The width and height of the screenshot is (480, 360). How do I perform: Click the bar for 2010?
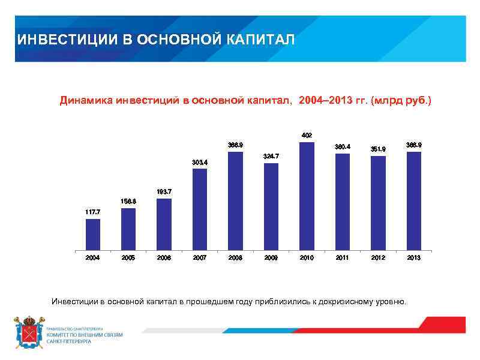pos(307,196)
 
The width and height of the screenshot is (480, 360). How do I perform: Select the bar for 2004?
pos(93,234)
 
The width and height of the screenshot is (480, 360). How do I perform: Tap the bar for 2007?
pos(200,209)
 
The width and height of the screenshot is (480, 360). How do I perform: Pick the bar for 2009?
pos(271,206)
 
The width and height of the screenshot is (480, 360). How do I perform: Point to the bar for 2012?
pos(378,203)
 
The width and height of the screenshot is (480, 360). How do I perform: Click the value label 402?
pos(307,135)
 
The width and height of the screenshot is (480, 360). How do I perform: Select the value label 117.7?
pos(93,212)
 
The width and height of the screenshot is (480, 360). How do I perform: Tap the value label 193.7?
pos(164,191)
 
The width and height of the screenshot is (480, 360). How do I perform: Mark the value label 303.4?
pos(200,162)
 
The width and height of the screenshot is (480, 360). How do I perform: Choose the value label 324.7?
pos(271,156)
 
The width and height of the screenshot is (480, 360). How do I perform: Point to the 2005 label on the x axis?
pos(128,257)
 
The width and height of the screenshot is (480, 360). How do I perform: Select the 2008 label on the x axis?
pos(235,257)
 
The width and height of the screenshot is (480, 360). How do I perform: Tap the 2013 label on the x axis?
pos(413,257)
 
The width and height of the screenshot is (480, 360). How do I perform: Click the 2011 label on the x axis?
pos(342,257)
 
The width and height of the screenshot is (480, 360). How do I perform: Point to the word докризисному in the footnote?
pos(349,300)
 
